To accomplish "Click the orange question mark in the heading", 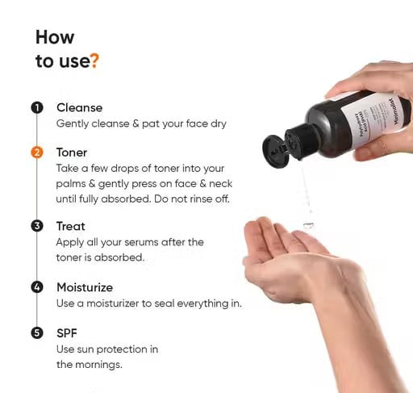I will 95,61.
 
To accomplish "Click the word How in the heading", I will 55,37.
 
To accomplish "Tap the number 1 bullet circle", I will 37,108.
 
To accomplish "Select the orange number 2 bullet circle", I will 37,153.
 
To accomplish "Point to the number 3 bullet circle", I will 37,226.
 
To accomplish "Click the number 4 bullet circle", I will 37,287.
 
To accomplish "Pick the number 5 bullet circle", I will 37,332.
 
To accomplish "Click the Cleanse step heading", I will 79,107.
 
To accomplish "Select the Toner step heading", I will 72,152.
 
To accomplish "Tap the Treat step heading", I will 70,226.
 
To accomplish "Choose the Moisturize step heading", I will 84,287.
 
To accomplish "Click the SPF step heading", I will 67,332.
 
